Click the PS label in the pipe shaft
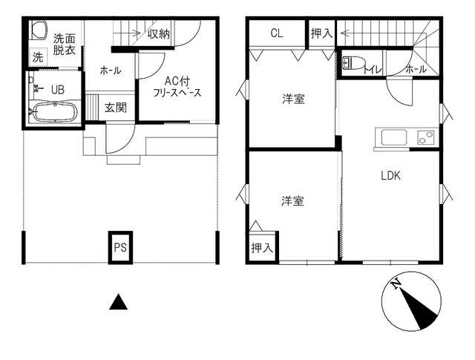pyautogui.click(x=120, y=248)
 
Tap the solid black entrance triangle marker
pyautogui.click(x=118, y=302)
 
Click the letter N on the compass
pyautogui.click(x=396, y=284)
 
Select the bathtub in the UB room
pyautogui.click(x=55, y=112)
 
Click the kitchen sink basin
pyautogui.click(x=394, y=137)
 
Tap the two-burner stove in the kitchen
pyautogui.click(x=426, y=137)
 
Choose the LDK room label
pyautogui.click(x=391, y=176)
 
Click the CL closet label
pyautogui.click(x=277, y=33)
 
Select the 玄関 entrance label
pyautogui.click(x=116, y=108)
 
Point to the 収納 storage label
pyautogui.click(x=159, y=34)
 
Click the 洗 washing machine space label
pyautogui.click(x=38, y=57)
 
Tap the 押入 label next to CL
pyautogui.click(x=321, y=33)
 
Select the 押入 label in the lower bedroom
pyautogui.click(x=262, y=248)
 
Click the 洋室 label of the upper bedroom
pyautogui.click(x=294, y=99)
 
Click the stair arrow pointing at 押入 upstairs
pyautogui.click(x=375, y=33)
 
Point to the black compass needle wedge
pyautogui.click(x=419, y=309)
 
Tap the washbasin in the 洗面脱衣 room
pyautogui.click(x=39, y=30)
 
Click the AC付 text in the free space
pyautogui.click(x=177, y=81)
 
